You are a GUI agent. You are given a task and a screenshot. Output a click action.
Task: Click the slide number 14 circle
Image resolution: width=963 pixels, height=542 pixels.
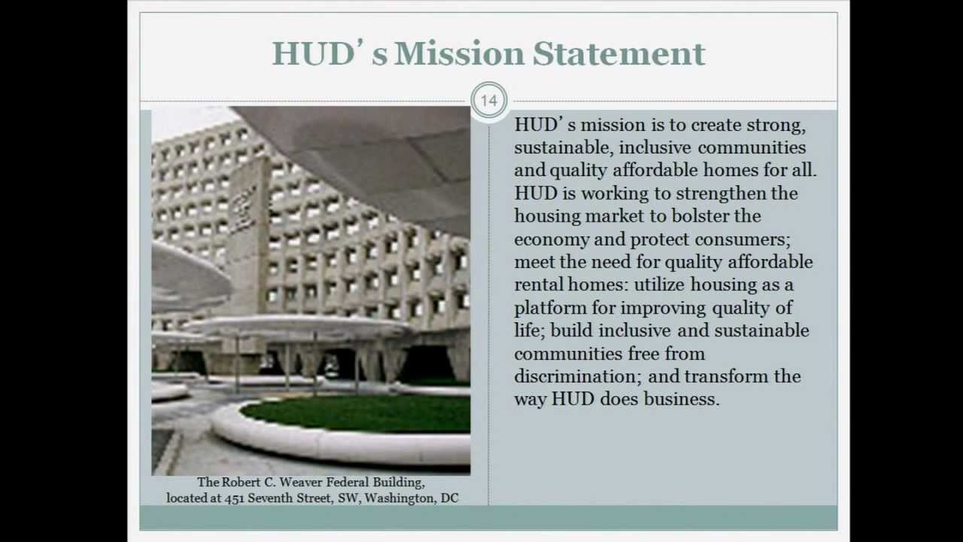489,101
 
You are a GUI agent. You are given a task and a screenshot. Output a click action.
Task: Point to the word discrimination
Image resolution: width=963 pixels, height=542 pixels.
576,376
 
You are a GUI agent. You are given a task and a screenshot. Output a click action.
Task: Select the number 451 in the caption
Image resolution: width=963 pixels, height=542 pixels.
235,498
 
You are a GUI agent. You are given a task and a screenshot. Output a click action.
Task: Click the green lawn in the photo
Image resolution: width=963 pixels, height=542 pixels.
361,413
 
